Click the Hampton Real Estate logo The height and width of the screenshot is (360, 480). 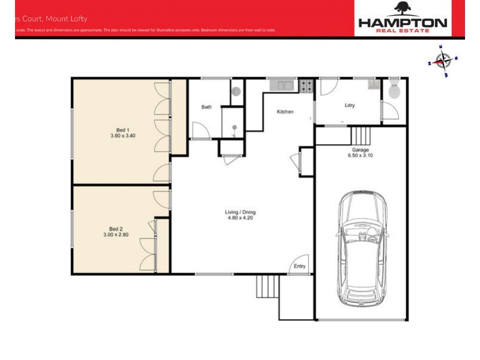[403, 18]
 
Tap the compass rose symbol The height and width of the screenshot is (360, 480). [443, 61]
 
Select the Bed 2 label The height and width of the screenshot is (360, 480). [116, 229]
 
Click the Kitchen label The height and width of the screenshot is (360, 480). [284, 112]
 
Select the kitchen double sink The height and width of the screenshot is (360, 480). [281, 85]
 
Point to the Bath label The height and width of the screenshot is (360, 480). [206, 107]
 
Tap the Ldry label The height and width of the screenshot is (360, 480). [350, 106]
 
